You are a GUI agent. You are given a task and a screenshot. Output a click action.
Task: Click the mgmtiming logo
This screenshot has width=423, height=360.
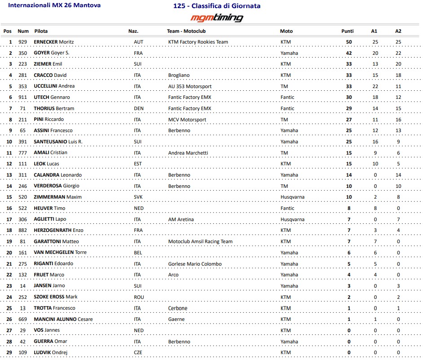tap(217, 18)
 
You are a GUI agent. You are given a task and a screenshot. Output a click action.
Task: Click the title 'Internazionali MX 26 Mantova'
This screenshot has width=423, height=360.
tap(54, 5)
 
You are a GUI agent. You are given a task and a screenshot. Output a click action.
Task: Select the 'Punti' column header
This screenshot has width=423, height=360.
tap(347, 31)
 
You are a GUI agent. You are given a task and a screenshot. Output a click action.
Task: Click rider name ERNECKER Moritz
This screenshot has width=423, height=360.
tap(53, 42)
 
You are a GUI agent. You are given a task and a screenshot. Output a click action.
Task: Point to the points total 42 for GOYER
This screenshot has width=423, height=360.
tap(349, 53)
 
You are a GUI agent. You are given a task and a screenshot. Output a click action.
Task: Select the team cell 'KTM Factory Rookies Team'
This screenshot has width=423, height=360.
tap(198, 42)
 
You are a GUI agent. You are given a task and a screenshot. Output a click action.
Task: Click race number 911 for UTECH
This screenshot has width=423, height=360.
tap(22, 97)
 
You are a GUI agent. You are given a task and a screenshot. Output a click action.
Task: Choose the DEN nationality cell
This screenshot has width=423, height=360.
tap(138, 108)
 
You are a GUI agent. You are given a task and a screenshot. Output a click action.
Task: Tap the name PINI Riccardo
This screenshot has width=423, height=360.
tap(49, 120)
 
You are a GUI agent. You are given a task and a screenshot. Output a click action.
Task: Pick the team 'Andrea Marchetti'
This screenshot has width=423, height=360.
tap(188, 153)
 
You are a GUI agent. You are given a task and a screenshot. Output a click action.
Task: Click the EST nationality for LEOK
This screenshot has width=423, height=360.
tap(138, 164)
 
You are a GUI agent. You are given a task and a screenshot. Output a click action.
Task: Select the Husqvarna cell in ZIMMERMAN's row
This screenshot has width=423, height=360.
tap(292, 197)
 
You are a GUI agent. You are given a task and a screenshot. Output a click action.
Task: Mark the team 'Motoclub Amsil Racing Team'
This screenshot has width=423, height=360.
tap(200, 241)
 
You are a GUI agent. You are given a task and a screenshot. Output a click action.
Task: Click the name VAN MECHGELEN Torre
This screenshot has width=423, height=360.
tap(60, 253)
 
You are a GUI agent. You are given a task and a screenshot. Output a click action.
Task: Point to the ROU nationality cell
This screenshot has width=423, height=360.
tap(138, 297)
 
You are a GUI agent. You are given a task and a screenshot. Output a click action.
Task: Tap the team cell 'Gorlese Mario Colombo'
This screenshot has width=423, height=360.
tap(195, 264)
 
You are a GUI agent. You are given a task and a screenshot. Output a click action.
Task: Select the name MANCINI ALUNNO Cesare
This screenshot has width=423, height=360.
tap(63, 319)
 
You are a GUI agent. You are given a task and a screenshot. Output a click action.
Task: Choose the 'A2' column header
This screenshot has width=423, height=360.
tap(398, 31)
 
